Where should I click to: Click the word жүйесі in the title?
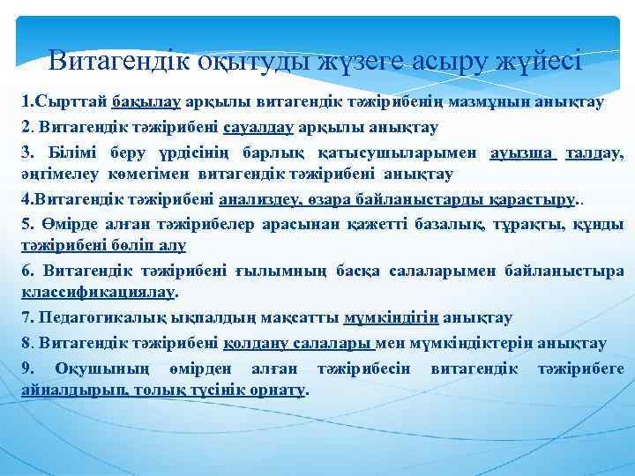(539, 61)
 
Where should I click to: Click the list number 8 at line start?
(26, 342)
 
